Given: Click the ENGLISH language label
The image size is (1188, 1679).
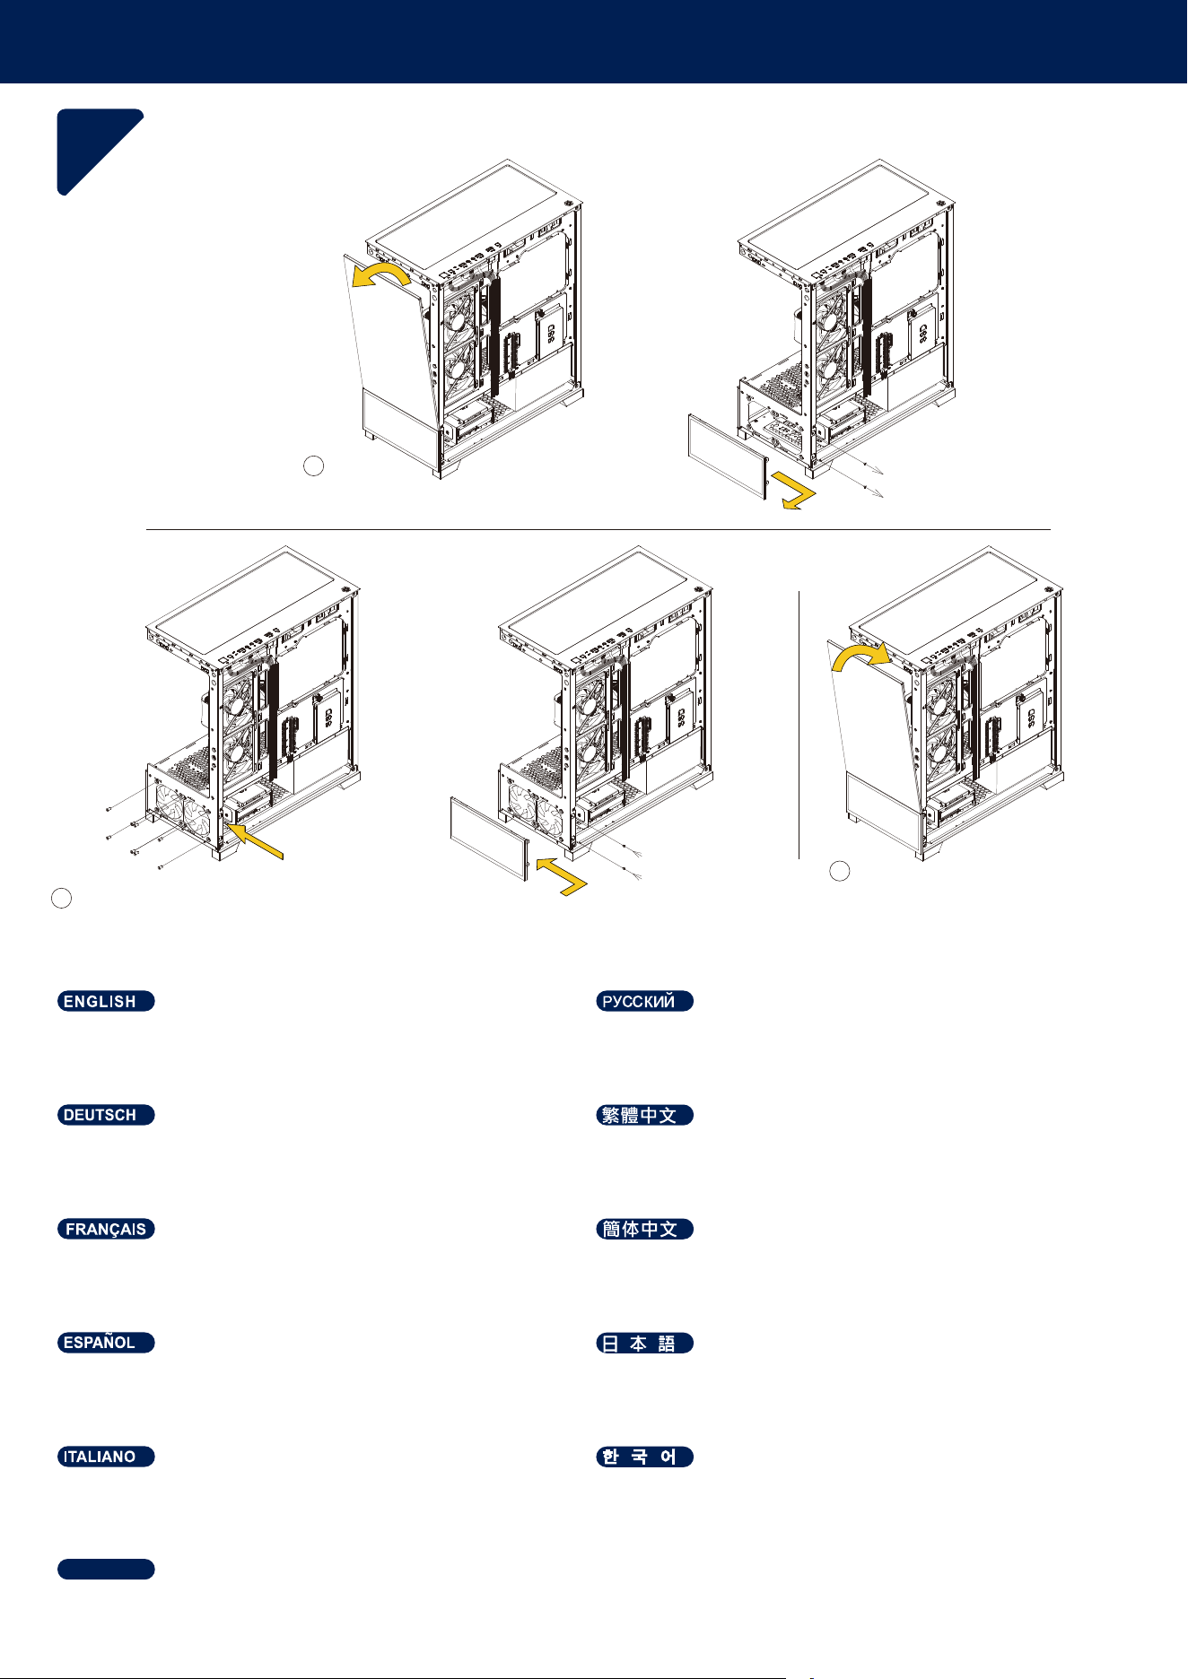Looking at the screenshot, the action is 106,1001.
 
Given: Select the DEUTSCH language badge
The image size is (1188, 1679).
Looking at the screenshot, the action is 106,1115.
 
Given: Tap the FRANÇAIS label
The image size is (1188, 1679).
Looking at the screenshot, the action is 106,1229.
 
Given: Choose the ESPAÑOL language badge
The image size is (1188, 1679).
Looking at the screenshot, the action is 106,1343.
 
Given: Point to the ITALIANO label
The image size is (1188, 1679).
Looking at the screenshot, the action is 106,1457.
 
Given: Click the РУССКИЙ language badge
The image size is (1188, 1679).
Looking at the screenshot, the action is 645,1001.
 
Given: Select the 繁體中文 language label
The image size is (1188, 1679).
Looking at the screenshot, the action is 645,1115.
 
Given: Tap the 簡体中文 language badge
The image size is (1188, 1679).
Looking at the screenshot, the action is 645,1229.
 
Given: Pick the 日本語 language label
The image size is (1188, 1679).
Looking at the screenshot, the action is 645,1343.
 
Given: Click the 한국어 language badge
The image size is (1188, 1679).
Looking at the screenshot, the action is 645,1457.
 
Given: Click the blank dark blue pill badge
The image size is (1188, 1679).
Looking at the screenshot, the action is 106,1569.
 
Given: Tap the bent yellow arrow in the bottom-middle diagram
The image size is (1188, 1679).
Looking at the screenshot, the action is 563,874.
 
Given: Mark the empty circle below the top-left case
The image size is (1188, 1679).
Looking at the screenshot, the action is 313,465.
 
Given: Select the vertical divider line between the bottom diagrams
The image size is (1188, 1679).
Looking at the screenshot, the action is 799,725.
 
